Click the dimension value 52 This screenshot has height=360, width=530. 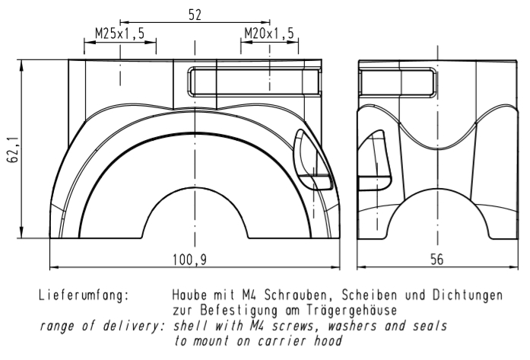[195, 14]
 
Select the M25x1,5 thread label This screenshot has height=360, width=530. [120, 34]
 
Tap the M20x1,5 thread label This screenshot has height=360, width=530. [269, 34]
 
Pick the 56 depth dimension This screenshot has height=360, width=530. [436, 260]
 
